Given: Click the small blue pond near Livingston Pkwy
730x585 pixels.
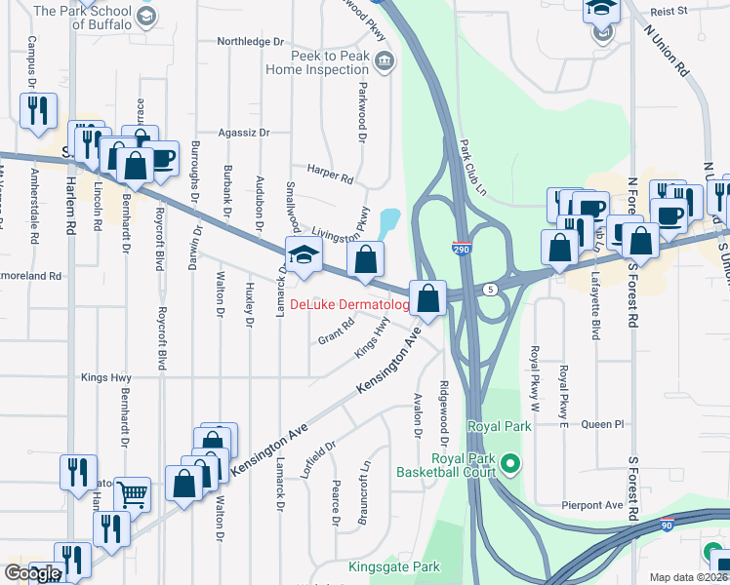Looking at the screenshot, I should tap(389, 223).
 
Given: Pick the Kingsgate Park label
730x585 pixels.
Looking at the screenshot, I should tap(394, 566).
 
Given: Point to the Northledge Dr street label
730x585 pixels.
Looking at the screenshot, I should tap(250, 42).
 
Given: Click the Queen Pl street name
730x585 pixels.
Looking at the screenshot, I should tap(601, 424).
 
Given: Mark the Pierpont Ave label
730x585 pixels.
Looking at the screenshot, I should tap(591, 505).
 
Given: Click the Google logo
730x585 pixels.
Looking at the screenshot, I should tap(33, 573).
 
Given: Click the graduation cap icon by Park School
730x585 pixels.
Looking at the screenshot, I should tap(145, 16).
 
